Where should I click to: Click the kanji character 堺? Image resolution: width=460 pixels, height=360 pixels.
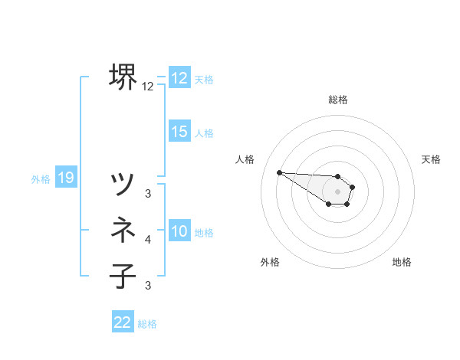[124, 77]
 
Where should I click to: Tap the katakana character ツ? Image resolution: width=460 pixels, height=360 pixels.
[124, 184]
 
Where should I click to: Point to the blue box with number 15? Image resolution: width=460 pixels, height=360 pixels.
[179, 132]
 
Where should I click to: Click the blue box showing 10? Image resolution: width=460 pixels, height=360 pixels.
[179, 231]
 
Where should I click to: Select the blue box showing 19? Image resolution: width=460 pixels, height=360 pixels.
[66, 178]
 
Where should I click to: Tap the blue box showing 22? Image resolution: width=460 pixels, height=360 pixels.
[123, 322]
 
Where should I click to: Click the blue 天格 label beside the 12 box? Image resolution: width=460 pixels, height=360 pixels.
[204, 80]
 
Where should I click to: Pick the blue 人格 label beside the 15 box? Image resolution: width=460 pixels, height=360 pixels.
[204, 133]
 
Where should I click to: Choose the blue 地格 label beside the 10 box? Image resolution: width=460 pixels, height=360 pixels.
[204, 233]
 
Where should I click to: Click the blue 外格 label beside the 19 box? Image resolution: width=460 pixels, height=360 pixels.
[41, 179]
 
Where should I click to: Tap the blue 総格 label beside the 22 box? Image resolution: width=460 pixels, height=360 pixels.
[147, 324]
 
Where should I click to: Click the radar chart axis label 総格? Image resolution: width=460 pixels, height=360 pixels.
[338, 100]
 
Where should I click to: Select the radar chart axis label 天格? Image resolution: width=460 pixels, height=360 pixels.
[432, 159]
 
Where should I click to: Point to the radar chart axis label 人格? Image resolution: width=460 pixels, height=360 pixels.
[245, 159]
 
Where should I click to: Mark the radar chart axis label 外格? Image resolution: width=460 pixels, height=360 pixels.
[270, 262]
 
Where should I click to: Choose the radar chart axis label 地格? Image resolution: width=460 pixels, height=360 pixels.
[402, 262]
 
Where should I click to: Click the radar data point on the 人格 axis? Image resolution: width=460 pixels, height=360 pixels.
[279, 172]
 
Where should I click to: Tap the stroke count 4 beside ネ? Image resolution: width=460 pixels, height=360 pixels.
[148, 240]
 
